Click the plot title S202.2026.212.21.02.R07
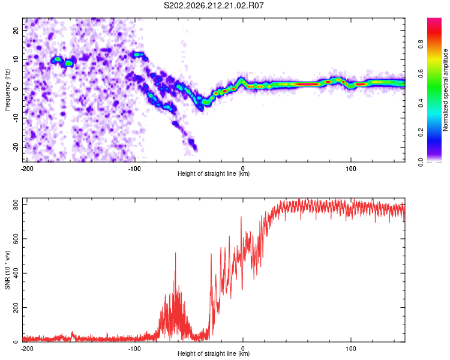coord(214,5)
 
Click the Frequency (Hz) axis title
coord(7,90)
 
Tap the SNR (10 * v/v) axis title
coord(7,270)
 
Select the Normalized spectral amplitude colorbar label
coord(445,90)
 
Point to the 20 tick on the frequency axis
coord(16,30)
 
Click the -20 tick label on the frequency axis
coord(16,147)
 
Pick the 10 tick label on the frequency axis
coord(16,59)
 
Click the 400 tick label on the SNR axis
coord(16,273)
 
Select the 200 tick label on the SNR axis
coord(16,307)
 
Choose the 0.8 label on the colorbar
coord(421,44)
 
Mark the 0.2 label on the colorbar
coord(421,133)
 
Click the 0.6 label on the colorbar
coord(421,74)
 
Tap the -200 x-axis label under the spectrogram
coord(27,169)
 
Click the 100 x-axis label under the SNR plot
coord(351,349)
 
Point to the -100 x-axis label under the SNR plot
coord(134,349)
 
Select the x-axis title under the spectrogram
coord(214,173)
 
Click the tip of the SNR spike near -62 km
coord(175,253)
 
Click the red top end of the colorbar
coord(434,19)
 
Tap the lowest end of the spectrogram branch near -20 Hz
coord(196,150)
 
